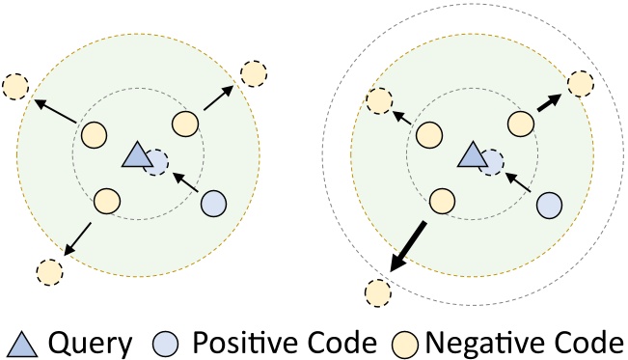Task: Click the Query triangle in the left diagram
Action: tap(136, 155)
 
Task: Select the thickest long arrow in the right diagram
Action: tap(409, 248)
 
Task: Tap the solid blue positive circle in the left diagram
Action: tap(213, 204)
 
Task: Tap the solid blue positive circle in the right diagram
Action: tap(549, 204)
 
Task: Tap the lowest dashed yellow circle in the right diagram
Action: tap(379, 290)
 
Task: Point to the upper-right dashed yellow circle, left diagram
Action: tap(254, 73)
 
